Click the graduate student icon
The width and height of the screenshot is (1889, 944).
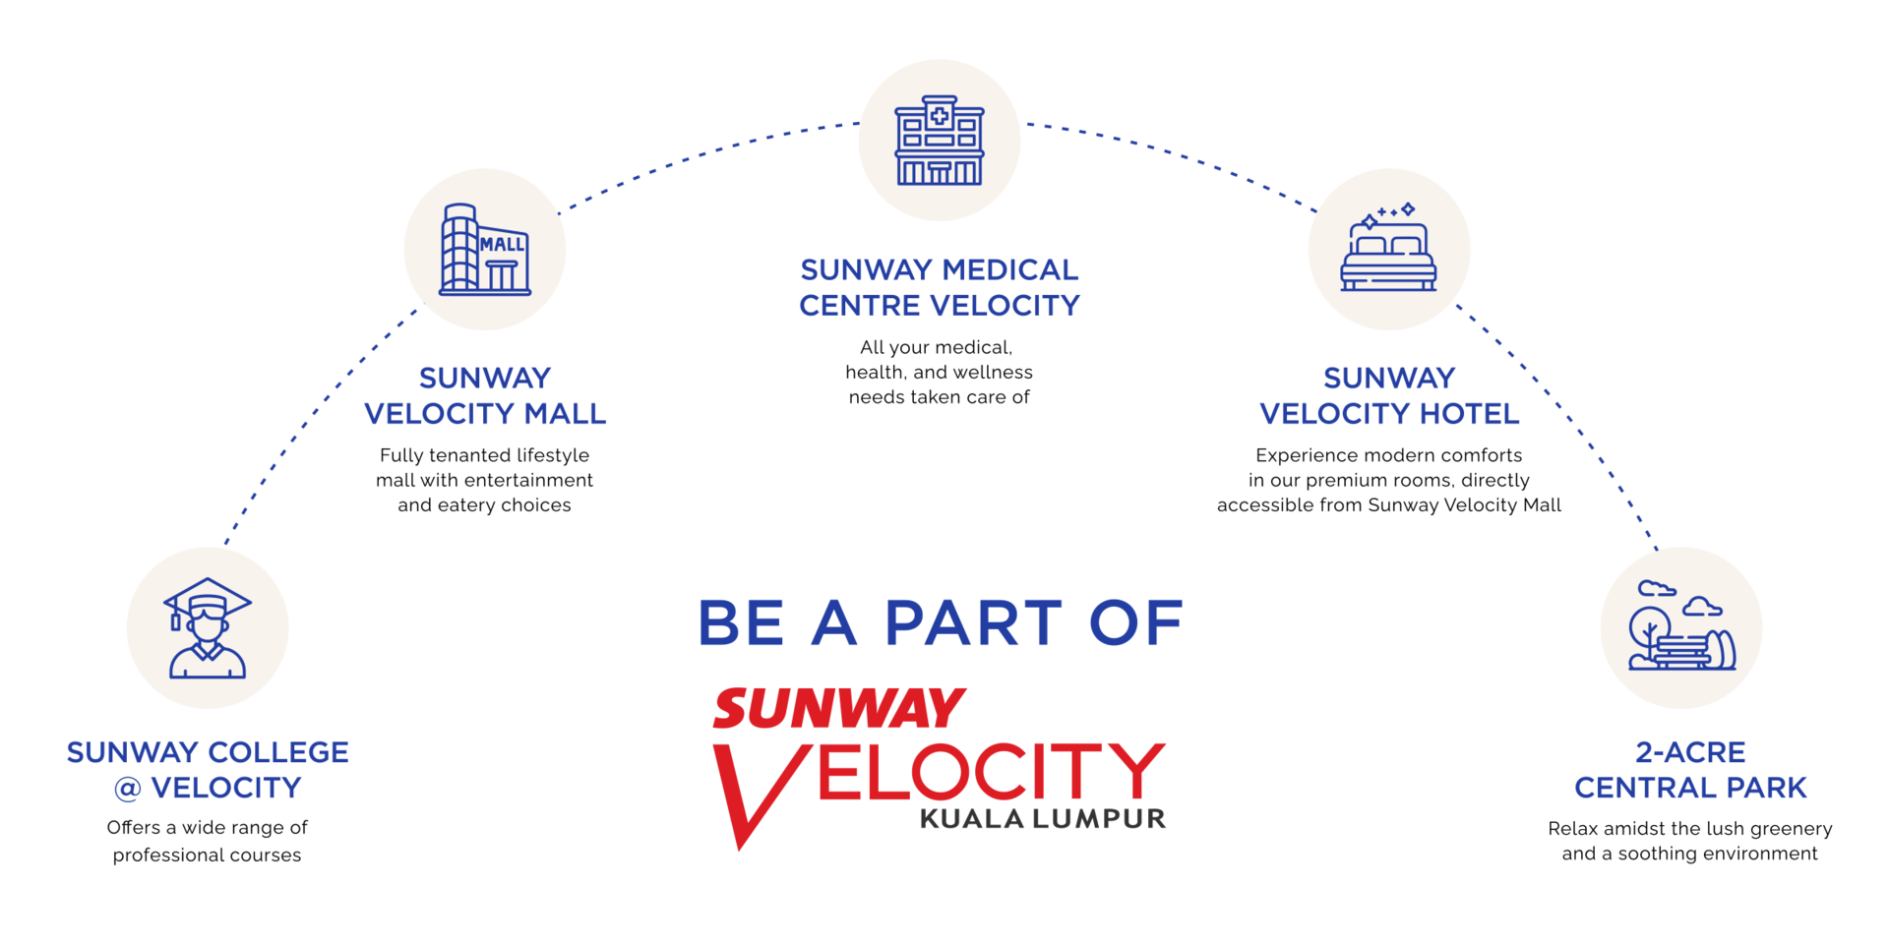[x=208, y=628]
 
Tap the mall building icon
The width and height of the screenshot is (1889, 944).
[x=485, y=250]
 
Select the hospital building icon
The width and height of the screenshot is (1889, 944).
[x=940, y=141]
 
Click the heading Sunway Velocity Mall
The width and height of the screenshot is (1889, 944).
[x=485, y=395]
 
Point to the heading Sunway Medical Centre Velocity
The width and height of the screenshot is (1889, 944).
[x=940, y=287]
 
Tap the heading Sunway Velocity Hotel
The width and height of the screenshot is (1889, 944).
[x=1389, y=395]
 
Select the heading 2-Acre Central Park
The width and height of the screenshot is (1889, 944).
[x=1690, y=770]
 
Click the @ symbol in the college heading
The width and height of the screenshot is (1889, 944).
[x=128, y=789]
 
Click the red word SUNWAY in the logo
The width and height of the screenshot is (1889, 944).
[x=839, y=708]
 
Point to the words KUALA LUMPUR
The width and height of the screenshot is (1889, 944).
[x=1043, y=819]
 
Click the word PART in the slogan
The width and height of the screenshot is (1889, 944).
[x=973, y=623]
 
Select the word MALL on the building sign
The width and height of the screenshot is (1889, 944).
[x=502, y=244]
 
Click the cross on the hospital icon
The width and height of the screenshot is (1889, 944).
[x=940, y=116]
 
